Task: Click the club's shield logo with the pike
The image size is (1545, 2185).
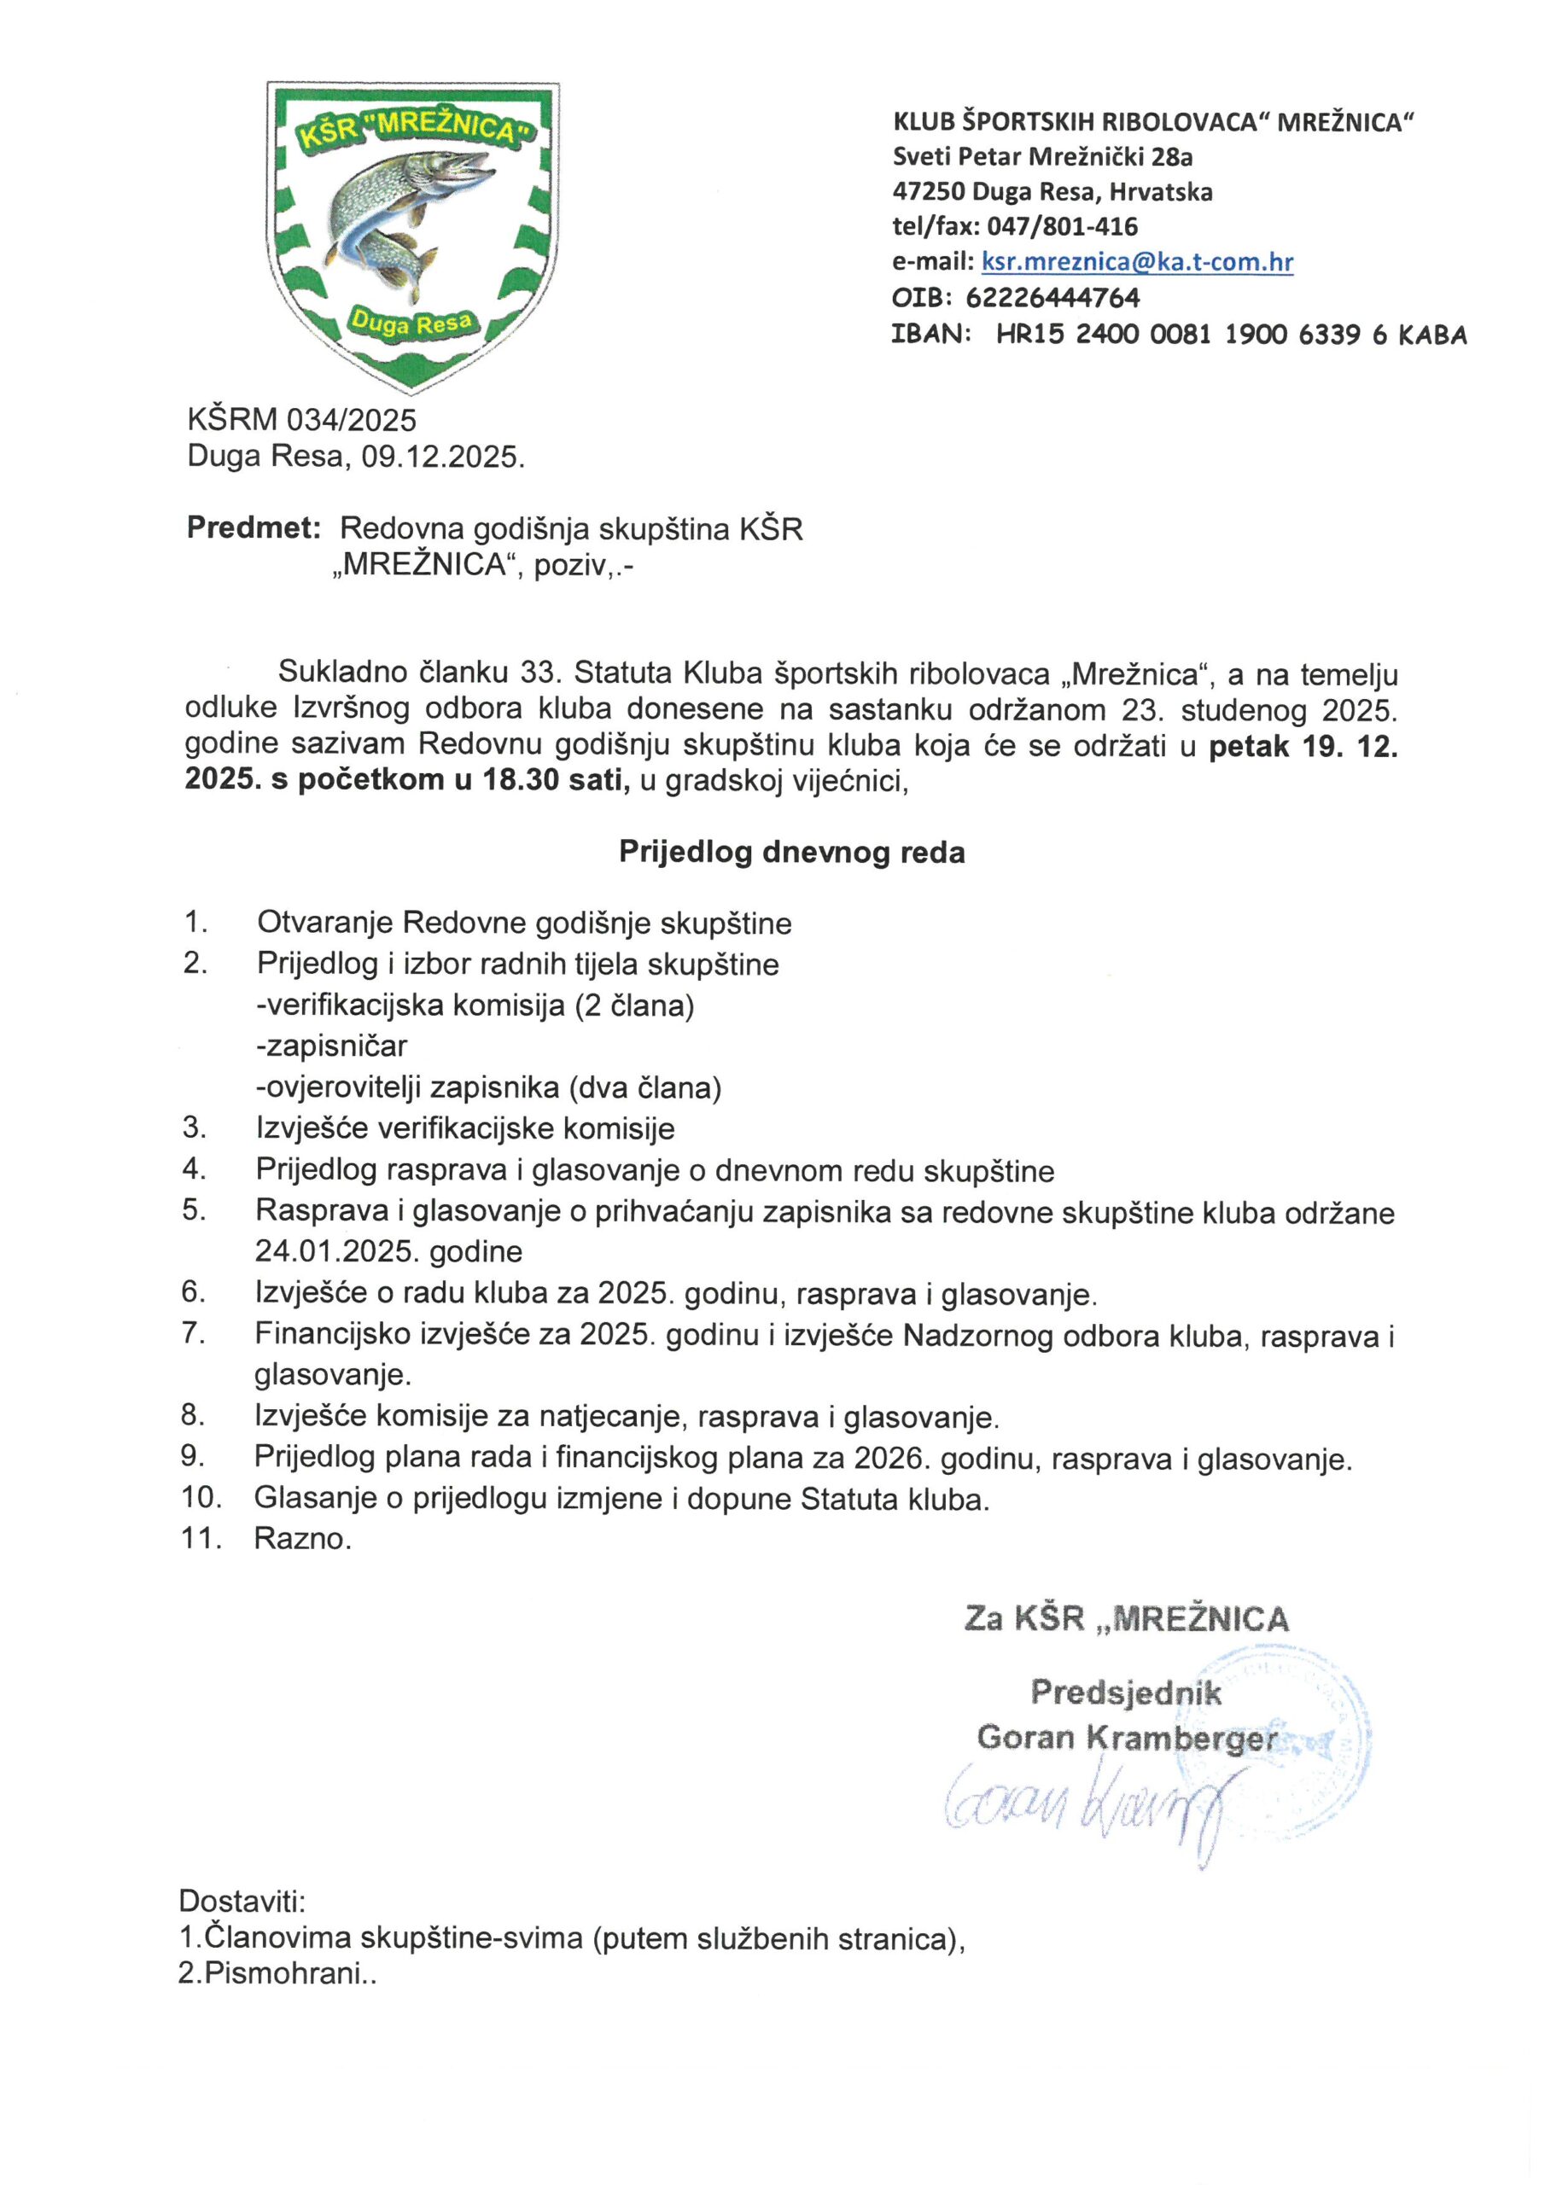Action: click(412, 233)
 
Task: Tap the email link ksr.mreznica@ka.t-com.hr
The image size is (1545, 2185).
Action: click(1137, 262)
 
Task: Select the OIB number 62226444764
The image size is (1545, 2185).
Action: click(1052, 298)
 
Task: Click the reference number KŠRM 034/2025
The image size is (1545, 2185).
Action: click(302, 420)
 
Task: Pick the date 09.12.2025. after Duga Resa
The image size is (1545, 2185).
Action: click(443, 457)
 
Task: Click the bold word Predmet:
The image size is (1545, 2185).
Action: click(254, 527)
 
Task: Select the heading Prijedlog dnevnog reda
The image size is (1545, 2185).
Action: click(791, 851)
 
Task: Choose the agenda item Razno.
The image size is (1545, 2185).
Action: click(302, 1539)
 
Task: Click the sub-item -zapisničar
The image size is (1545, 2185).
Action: click(331, 1046)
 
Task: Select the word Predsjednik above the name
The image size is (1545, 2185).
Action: click(1126, 1692)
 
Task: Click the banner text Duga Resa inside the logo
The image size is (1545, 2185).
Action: click(411, 323)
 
